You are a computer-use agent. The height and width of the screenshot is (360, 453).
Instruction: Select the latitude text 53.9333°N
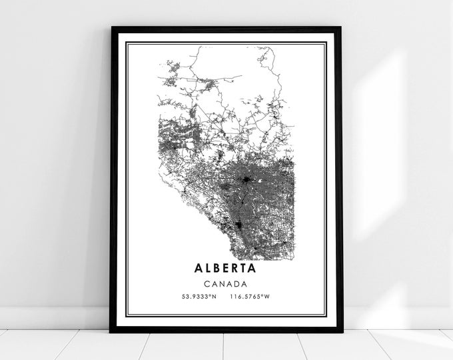(196, 296)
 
